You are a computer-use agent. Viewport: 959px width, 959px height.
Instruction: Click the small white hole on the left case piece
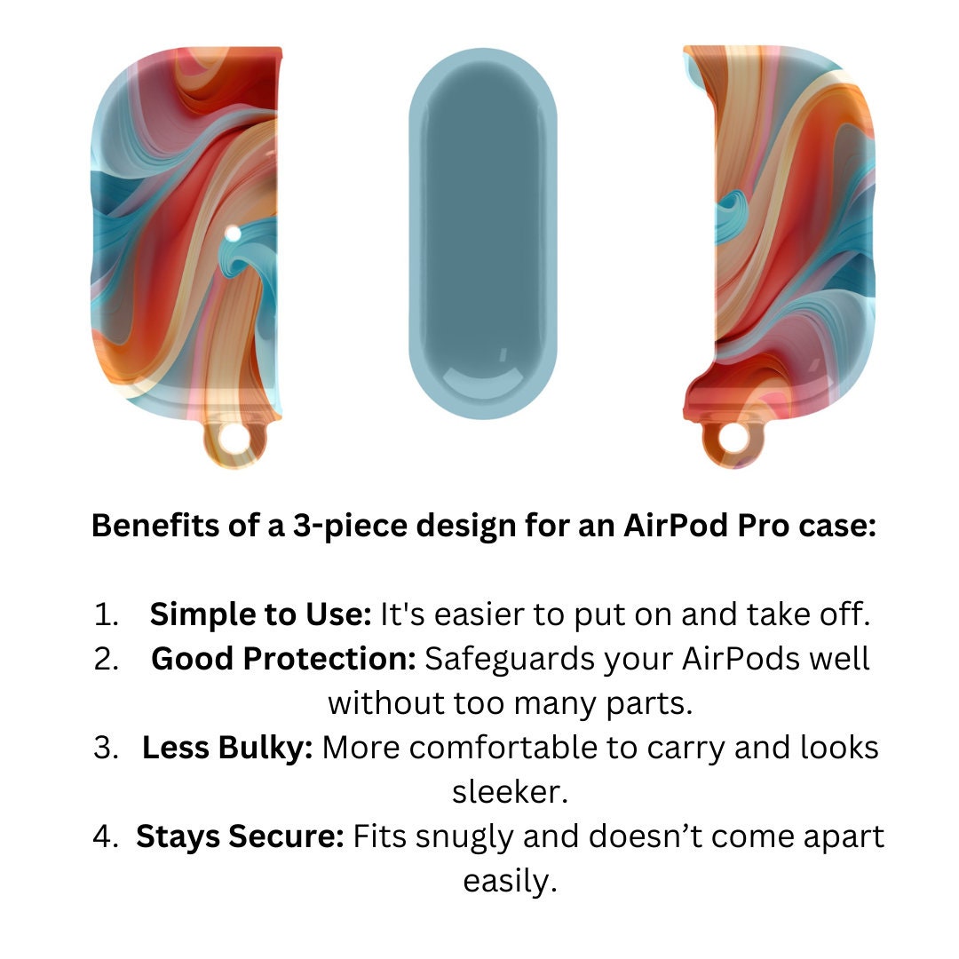233,234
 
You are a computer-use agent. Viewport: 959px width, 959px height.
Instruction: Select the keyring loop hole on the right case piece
733,439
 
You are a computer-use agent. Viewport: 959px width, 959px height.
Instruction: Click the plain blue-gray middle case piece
483,234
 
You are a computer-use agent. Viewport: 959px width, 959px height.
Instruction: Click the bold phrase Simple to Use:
260,614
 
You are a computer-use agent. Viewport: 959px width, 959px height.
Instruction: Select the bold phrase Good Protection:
284,659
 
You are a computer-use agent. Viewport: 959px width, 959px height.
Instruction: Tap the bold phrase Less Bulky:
227,749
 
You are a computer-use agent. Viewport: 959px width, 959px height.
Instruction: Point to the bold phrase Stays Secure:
241,837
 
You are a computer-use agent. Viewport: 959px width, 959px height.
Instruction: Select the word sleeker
510,793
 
